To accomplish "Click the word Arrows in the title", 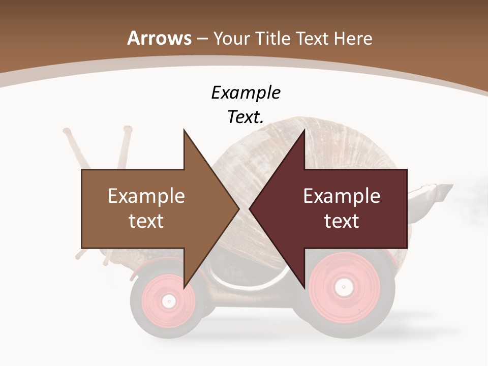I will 159,38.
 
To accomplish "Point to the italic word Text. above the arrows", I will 246,117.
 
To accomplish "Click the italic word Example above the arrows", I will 246,93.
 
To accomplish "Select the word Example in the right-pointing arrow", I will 146,196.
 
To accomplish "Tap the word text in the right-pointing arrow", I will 146,221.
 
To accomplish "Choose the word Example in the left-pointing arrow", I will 342,196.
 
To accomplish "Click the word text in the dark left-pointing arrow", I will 342,221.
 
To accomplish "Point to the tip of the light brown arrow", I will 239,209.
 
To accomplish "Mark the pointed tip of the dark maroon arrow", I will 250,209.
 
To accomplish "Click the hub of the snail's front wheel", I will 168,300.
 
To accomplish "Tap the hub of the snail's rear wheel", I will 344,287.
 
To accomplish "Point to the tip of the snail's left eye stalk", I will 66,131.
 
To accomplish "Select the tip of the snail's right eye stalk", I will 127,129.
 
